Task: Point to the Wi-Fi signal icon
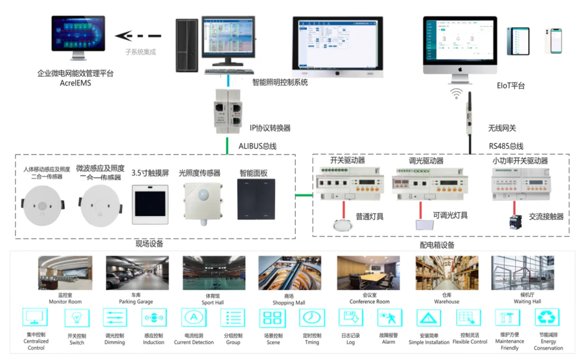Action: [x=456, y=93]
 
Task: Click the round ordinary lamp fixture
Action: [x=342, y=225]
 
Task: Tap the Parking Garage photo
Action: [x=137, y=273]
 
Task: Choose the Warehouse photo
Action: [x=447, y=273]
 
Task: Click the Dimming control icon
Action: [x=115, y=317]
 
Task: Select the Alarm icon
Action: [x=389, y=317]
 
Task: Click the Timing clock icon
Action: [x=312, y=317]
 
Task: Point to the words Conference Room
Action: [x=370, y=301]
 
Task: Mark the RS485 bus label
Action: [x=505, y=146]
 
